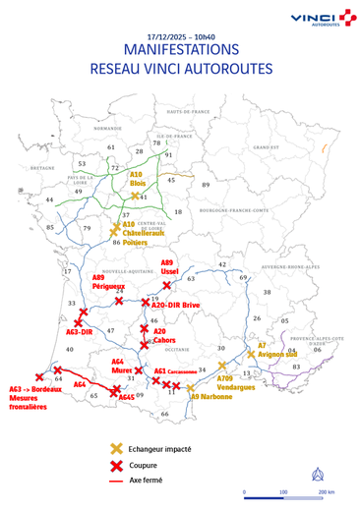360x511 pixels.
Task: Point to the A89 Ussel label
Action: point(166,267)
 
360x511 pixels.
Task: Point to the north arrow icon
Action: point(316,470)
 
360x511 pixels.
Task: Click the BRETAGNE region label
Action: point(42,169)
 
